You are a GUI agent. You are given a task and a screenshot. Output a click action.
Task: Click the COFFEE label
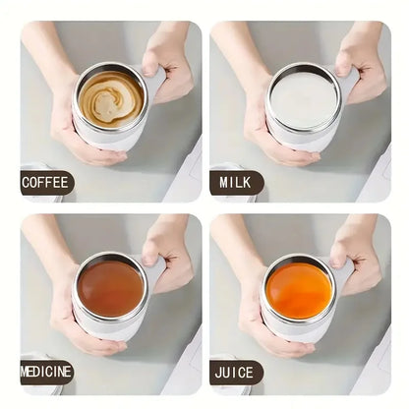(45, 182)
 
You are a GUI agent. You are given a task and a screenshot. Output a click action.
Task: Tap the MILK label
(236, 182)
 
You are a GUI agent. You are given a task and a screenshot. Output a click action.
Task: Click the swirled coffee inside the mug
(111, 98)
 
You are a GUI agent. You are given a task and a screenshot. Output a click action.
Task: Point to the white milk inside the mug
(302, 98)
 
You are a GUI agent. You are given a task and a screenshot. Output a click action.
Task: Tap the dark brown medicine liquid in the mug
(111, 288)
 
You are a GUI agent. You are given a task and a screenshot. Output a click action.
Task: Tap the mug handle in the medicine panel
(155, 270)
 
